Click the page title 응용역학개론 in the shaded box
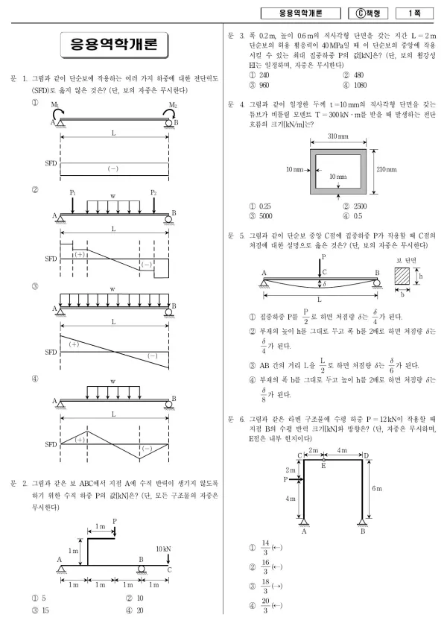(114, 44)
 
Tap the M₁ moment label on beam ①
(55, 105)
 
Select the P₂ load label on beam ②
(153, 193)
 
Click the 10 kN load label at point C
(163, 549)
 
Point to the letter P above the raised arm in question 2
(115, 521)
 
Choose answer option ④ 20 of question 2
(136, 610)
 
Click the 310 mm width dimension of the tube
(337, 136)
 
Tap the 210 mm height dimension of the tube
(386, 170)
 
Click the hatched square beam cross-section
(402, 276)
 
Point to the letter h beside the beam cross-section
(421, 276)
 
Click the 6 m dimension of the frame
(377, 488)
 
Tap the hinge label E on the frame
(323, 466)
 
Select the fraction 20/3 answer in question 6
(264, 605)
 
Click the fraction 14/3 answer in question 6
(264, 547)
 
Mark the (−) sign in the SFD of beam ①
(112, 168)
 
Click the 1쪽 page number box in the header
(414, 13)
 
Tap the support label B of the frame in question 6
(363, 531)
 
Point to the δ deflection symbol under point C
(324, 284)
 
